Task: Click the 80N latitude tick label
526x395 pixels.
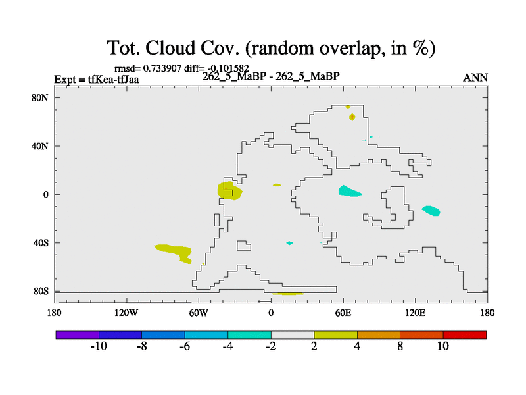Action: [x=40, y=98]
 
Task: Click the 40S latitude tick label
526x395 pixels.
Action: [x=41, y=243]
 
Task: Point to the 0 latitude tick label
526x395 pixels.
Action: [x=45, y=195]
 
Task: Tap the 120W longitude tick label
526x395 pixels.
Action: [x=126, y=313]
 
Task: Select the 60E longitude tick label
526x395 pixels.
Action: [x=343, y=313]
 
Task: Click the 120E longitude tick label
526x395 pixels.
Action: [x=416, y=313]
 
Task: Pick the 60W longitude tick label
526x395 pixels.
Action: [x=199, y=313]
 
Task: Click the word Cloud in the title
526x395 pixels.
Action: [x=170, y=47]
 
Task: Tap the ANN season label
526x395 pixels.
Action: [x=475, y=78]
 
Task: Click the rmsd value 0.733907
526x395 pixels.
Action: [x=162, y=68]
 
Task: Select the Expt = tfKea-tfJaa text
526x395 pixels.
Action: [x=97, y=80]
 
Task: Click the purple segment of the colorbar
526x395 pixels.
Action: [x=78, y=335]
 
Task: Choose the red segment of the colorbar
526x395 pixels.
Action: [x=465, y=335]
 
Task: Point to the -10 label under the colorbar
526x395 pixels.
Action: [x=99, y=346]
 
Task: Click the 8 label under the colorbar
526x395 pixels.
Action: [x=400, y=346]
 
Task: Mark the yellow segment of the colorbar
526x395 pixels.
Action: [x=335, y=335]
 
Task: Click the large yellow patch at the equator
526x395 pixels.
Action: [x=229, y=191]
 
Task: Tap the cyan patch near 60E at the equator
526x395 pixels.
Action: [x=349, y=192]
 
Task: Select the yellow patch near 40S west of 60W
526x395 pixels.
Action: [x=175, y=252]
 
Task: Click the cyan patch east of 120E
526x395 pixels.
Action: [x=431, y=211]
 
